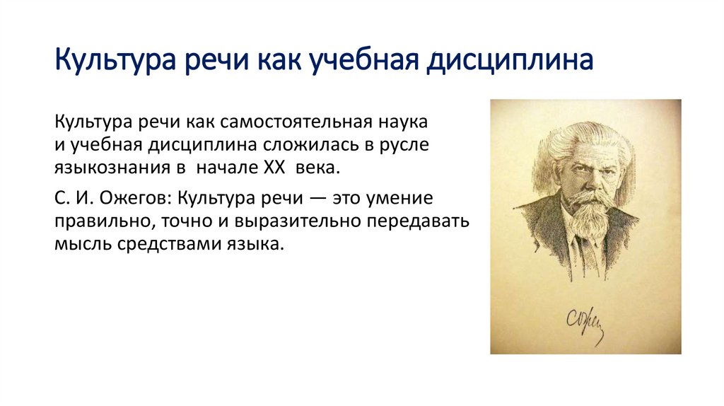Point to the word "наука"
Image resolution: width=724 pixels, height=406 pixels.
(x=404, y=122)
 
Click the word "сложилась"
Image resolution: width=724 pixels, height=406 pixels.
(x=312, y=145)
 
